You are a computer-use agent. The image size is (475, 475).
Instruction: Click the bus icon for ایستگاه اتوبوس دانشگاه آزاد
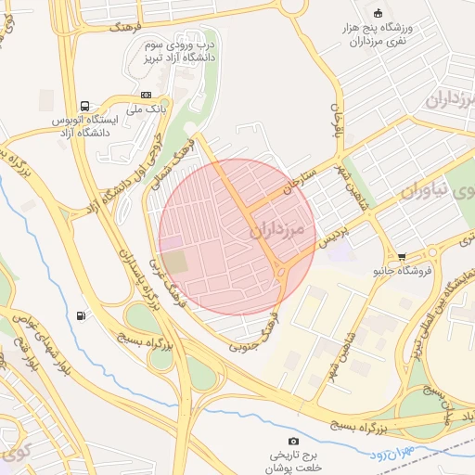(x=85, y=107)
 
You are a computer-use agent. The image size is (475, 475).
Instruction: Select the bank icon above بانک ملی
(x=146, y=95)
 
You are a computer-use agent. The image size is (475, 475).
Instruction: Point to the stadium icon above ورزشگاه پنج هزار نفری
(x=377, y=12)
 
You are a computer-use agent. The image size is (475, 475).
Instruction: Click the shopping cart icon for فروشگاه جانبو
(x=402, y=257)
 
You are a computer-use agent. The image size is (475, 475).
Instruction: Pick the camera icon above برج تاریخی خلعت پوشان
(x=294, y=441)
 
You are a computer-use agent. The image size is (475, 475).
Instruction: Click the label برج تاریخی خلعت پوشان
(x=294, y=461)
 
